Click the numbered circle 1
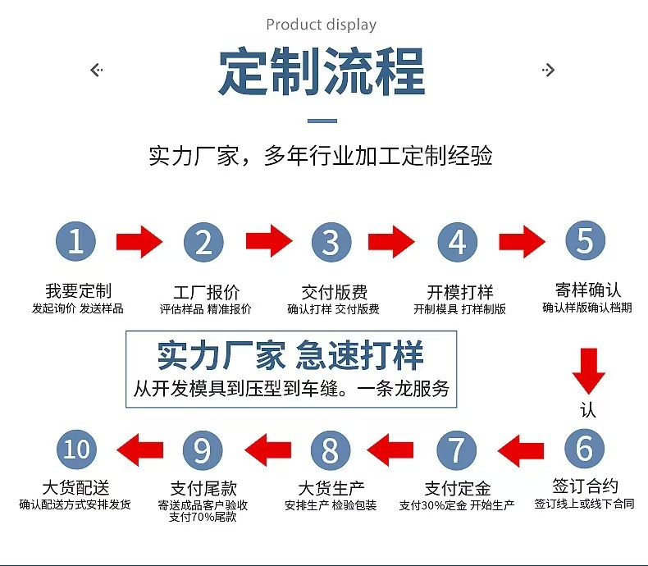(x=75, y=242)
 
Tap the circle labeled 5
(x=585, y=241)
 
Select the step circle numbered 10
(x=76, y=450)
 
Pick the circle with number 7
(x=456, y=450)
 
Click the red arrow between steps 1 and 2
(x=139, y=242)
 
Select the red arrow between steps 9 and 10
(x=139, y=450)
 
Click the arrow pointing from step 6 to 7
(x=521, y=450)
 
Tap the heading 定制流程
(x=322, y=72)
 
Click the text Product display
(x=322, y=25)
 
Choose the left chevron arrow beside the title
(x=96, y=71)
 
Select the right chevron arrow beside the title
(x=548, y=71)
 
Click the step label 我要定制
(x=78, y=291)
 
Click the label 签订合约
(x=585, y=486)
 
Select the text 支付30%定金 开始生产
(x=457, y=505)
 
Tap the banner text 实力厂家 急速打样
(x=291, y=355)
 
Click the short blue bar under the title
(x=322, y=121)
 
